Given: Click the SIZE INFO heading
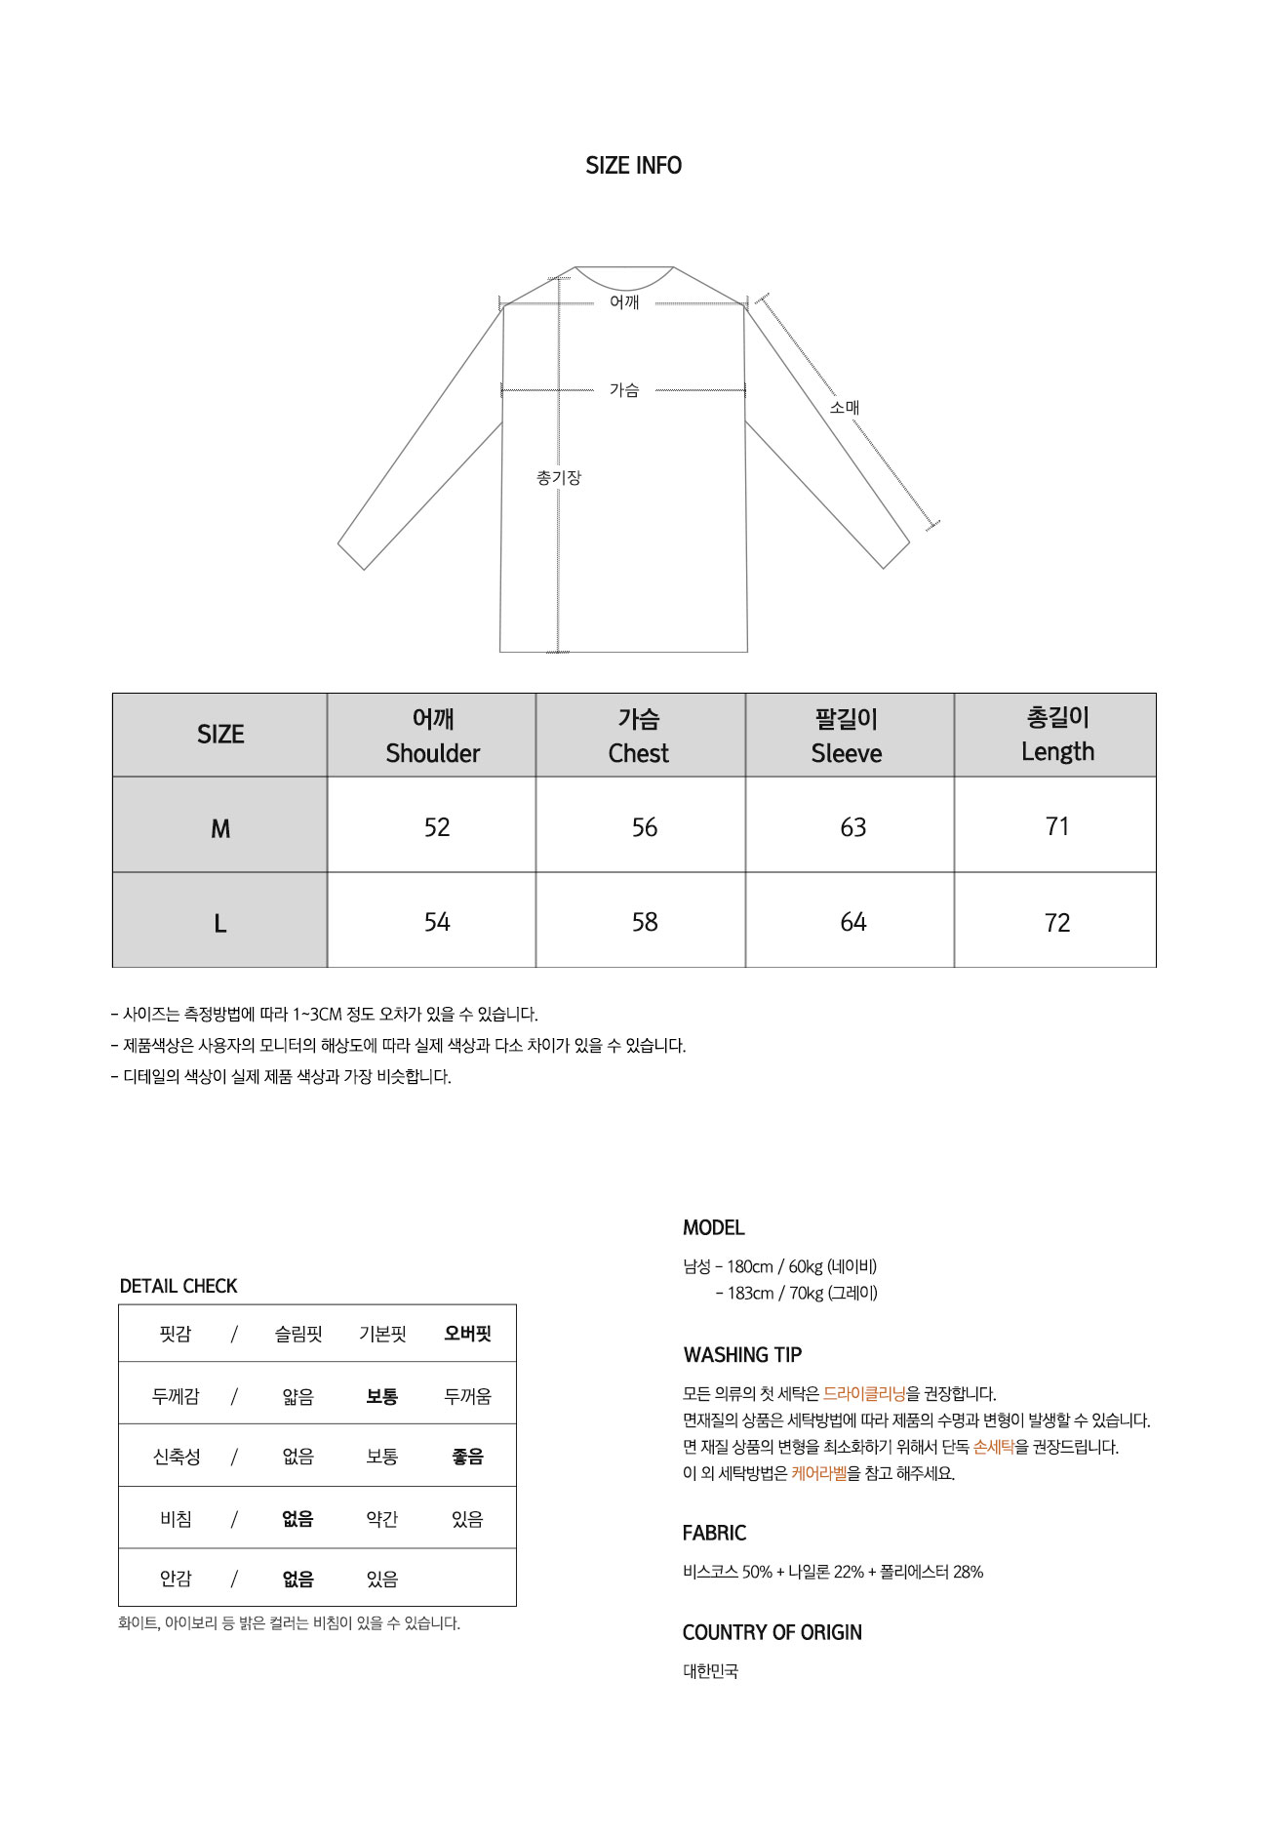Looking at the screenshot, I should click(633, 166).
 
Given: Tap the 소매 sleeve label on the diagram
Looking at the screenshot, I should click(844, 408).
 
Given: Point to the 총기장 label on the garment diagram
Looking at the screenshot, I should click(558, 478).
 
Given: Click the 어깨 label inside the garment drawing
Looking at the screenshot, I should click(624, 302).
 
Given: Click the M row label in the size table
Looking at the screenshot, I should click(220, 829).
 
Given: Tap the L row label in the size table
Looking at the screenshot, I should click(220, 924).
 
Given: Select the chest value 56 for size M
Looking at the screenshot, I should click(644, 828).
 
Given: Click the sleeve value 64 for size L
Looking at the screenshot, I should click(852, 923).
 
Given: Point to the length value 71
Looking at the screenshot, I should click(1057, 827).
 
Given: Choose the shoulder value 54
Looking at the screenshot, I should click(437, 923).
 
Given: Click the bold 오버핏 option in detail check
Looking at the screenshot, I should click(467, 1334).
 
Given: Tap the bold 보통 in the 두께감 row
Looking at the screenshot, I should click(381, 1396).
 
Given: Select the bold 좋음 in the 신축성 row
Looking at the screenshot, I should click(467, 1457).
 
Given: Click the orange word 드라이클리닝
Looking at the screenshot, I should click(864, 1394).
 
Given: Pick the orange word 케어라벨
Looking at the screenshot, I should click(819, 1473).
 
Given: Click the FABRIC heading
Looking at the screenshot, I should click(714, 1533).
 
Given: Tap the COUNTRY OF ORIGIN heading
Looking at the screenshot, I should click(772, 1632).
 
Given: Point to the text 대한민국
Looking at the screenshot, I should click(710, 1671).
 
